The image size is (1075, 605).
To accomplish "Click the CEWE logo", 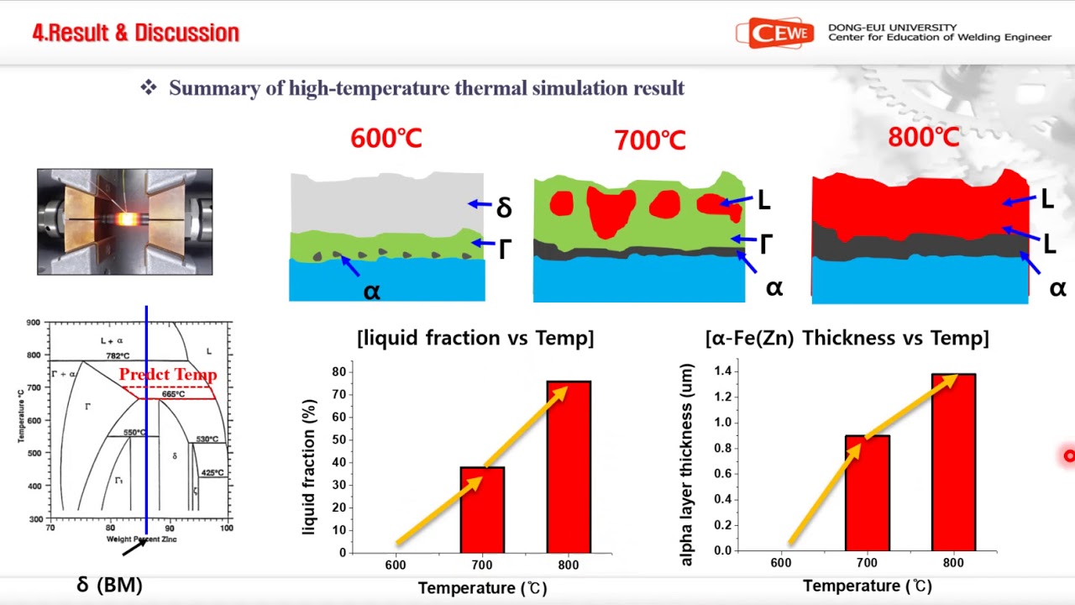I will (774, 34).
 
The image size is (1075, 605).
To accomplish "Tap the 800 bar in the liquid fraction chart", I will (569, 467).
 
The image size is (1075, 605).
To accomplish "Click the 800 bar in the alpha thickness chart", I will (953, 462).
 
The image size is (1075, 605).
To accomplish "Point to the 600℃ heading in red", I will (386, 139).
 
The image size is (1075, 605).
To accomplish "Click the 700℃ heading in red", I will (649, 140).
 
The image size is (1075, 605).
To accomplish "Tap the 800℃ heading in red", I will (923, 138).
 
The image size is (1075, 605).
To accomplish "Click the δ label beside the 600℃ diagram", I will (504, 208).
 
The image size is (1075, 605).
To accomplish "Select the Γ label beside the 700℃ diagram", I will (766, 245).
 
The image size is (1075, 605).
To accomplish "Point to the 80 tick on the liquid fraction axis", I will (339, 371).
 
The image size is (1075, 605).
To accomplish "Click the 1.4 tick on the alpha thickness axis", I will (721, 371).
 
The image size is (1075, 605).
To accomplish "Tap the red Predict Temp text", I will (168, 375).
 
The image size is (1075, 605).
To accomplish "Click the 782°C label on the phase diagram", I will (118, 356).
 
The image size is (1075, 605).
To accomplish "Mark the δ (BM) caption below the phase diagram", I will (109, 585).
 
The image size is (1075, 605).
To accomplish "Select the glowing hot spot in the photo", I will (128, 220).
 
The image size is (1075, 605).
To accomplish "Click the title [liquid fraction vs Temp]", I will (475, 338).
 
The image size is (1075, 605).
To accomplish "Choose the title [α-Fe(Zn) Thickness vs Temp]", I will (847, 338).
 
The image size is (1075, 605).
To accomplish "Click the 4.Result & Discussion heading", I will (136, 33).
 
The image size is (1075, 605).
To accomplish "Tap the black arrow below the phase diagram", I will (134, 547).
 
